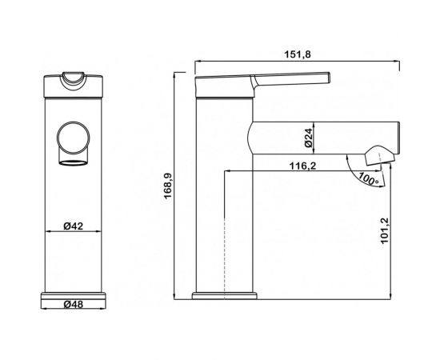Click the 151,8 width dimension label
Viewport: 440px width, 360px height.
298,54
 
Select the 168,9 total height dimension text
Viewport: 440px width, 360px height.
168,186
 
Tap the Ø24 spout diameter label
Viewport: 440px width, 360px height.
308,138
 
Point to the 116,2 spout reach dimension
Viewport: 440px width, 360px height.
302,166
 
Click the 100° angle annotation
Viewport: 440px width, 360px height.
369,178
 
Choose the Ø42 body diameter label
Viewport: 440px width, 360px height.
74,226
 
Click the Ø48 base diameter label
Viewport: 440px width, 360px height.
74,304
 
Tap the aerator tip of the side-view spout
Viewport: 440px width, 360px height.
379,155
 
